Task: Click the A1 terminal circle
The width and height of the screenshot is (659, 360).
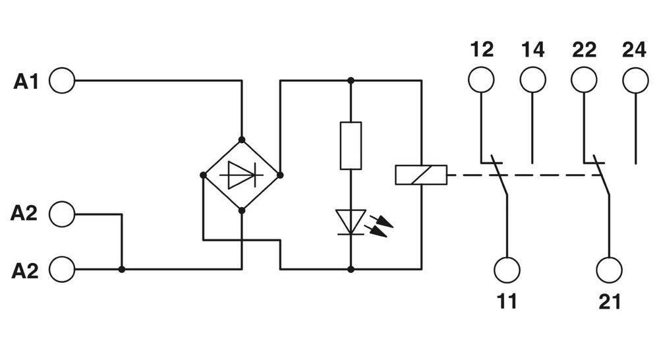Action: pos(62,81)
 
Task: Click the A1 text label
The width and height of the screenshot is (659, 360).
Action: pos(27,82)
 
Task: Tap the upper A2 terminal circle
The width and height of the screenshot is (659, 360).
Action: pos(62,214)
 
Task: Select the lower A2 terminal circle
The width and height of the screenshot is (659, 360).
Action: pos(62,269)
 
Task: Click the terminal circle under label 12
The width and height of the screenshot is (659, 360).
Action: pos(481,80)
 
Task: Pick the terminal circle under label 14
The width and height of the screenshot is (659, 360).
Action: pos(532,80)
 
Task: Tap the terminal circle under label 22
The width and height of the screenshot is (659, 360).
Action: pos(584,80)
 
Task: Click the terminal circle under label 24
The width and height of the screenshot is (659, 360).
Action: pos(635,80)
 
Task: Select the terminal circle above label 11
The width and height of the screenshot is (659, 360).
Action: pos(507,269)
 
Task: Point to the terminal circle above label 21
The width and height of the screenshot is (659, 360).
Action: pos(609,269)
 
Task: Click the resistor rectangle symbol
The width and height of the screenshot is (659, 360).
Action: pos(351,145)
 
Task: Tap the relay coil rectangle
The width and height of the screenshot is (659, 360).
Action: pos(420,175)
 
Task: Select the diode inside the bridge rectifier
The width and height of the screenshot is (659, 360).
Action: pos(241,175)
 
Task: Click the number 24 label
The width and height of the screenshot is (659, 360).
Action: pos(634,50)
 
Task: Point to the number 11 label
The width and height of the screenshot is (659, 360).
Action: pos(506,302)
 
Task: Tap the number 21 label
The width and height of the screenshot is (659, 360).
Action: pos(609,302)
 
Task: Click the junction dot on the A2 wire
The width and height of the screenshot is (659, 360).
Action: pos(122,269)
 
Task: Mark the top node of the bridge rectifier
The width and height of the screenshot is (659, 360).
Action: pos(241,139)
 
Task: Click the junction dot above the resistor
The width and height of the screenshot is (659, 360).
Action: pos(351,81)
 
